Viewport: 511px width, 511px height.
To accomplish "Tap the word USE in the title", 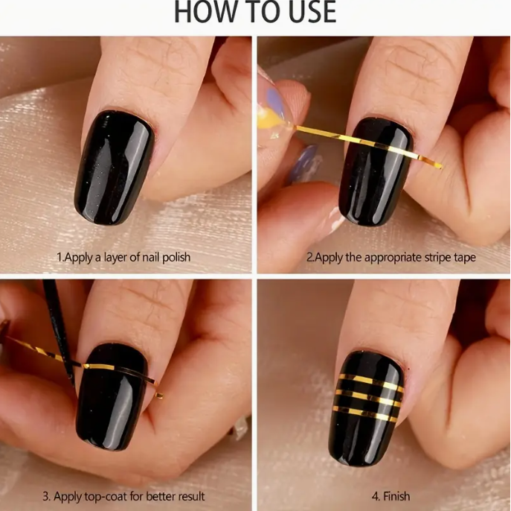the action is (308, 12).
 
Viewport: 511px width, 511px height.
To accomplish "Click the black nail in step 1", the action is (113, 168).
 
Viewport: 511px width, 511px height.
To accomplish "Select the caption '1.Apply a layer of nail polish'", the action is (123, 257).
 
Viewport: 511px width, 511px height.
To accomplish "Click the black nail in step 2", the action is (376, 171).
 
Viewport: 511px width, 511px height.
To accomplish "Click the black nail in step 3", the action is (112, 397).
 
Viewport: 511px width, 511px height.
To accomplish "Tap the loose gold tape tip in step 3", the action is (159, 396).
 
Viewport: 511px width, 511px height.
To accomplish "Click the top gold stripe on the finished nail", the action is (371, 381).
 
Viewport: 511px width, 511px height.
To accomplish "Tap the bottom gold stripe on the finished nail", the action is (365, 413).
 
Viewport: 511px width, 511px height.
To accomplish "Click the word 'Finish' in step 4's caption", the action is (396, 496).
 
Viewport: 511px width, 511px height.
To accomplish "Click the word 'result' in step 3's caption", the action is (188, 496).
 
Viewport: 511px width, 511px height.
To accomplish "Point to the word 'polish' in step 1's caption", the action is (176, 258).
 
